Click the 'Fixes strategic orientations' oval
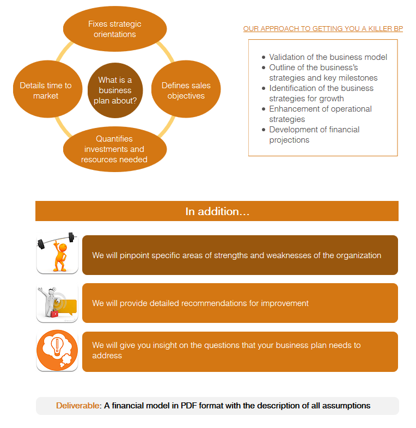pyautogui.click(x=115, y=29)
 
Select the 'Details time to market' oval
pyautogui.click(x=48, y=89)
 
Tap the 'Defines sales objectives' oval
pyautogui.click(x=186, y=89)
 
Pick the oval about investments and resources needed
pyautogui.click(x=115, y=149)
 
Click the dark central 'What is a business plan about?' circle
pyautogui.click(x=115, y=90)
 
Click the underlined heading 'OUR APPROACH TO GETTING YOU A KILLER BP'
pyautogui.click(x=323, y=29)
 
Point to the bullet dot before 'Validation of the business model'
pyautogui.click(x=264, y=57)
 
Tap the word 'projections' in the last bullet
pyautogui.click(x=289, y=140)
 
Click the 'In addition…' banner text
pyautogui.click(x=217, y=211)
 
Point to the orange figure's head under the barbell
pyautogui.click(x=63, y=248)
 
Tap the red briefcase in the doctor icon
pyautogui.click(x=54, y=313)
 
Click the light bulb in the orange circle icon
pyautogui.click(x=57, y=346)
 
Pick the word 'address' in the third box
pyautogui.click(x=107, y=356)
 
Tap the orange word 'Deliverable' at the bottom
pyautogui.click(x=77, y=406)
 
